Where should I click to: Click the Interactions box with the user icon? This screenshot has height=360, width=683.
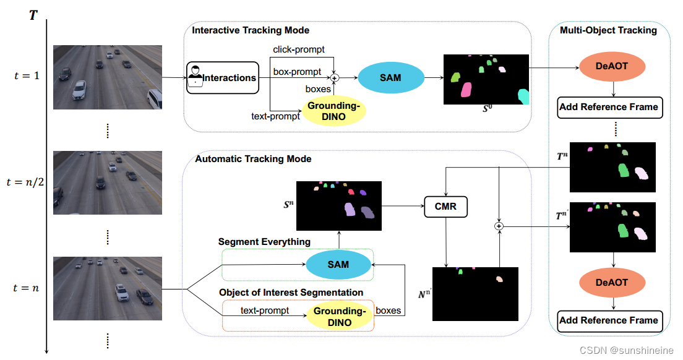tap(222, 78)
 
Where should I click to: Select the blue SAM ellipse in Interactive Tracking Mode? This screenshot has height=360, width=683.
tap(390, 78)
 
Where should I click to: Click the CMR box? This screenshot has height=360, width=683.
tap(445, 207)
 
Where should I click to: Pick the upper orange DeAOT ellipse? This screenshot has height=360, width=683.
tap(612, 66)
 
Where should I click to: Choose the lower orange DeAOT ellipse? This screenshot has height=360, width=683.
tap(612, 283)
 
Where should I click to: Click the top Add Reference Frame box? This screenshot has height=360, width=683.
tap(609, 107)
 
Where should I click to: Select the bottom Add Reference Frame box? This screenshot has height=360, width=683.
tap(609, 320)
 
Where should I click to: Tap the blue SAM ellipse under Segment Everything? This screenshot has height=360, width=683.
tap(338, 265)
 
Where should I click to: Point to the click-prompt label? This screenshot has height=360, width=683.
tap(299, 49)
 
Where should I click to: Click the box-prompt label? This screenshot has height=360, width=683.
tap(297, 72)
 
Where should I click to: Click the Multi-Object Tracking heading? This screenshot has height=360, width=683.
tap(608, 30)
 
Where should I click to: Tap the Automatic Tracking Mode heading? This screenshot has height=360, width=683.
tap(253, 159)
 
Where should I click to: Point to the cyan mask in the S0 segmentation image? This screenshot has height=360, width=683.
tap(523, 96)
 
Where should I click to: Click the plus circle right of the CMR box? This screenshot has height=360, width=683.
tap(499, 227)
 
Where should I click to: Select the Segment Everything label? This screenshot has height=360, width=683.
tap(264, 241)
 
